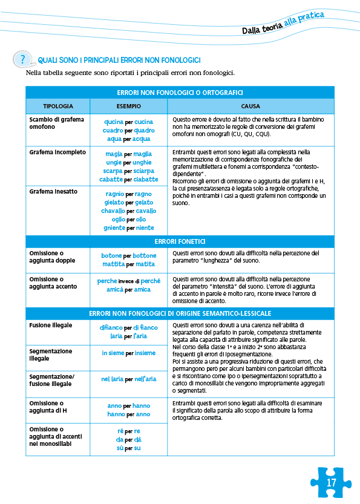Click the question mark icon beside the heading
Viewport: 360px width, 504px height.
(x=23, y=59)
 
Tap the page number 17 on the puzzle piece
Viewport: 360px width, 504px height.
(x=330, y=482)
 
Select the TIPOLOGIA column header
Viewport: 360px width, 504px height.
(x=57, y=106)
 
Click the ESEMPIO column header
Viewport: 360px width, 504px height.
(x=129, y=106)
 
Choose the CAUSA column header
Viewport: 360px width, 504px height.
(x=250, y=106)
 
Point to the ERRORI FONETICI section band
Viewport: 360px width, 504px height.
(x=180, y=241)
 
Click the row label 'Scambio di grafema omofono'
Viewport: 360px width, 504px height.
(x=56, y=123)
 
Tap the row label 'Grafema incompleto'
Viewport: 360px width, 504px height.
(x=57, y=152)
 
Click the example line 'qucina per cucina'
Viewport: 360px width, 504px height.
(x=129, y=122)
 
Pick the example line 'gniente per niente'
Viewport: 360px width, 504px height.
(x=129, y=228)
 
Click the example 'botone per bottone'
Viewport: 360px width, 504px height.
(x=129, y=255)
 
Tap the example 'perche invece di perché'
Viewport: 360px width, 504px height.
(x=129, y=281)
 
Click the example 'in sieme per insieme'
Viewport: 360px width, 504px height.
(x=129, y=353)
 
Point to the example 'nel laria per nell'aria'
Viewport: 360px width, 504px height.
(x=129, y=379)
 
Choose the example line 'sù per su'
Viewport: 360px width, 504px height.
(x=129, y=448)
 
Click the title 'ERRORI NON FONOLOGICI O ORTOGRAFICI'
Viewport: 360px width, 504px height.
(x=180, y=93)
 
